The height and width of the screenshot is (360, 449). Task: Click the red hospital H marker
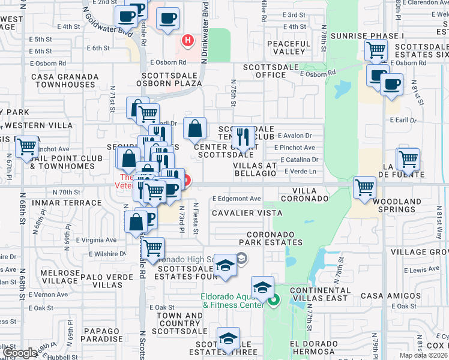point(188,41)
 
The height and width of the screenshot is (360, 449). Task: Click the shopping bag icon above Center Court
point(195,128)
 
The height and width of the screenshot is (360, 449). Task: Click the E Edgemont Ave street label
point(237,199)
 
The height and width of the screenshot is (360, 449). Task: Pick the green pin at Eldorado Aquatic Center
point(274,300)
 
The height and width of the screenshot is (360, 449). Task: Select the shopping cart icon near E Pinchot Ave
point(26,146)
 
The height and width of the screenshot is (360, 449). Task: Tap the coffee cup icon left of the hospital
point(167,17)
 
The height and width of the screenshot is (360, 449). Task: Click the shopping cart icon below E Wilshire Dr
point(152,247)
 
